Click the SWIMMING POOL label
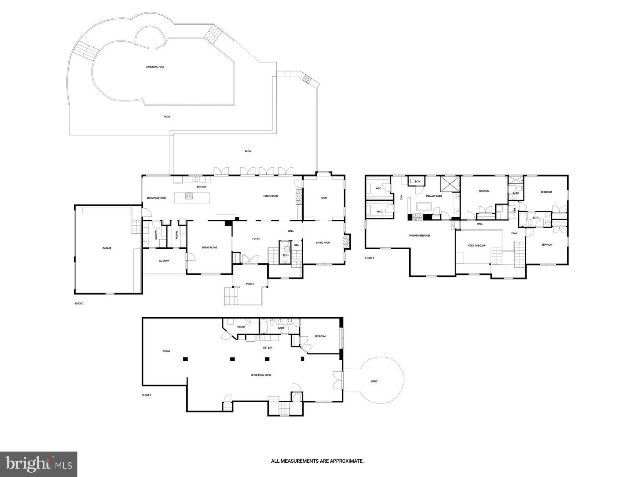coord(155,67)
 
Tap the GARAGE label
coord(107,248)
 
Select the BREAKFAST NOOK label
coord(156,198)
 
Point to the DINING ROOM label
coord(210,248)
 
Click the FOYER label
coord(256,239)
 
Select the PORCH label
coord(250,284)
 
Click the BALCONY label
coord(164,261)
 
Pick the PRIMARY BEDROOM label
coord(419,236)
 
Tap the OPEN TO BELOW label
coord(477,246)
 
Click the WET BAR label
coord(267,348)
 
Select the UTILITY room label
coord(241,327)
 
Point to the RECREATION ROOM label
coord(261,375)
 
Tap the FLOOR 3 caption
coord(369,258)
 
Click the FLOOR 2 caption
coord(79,304)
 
